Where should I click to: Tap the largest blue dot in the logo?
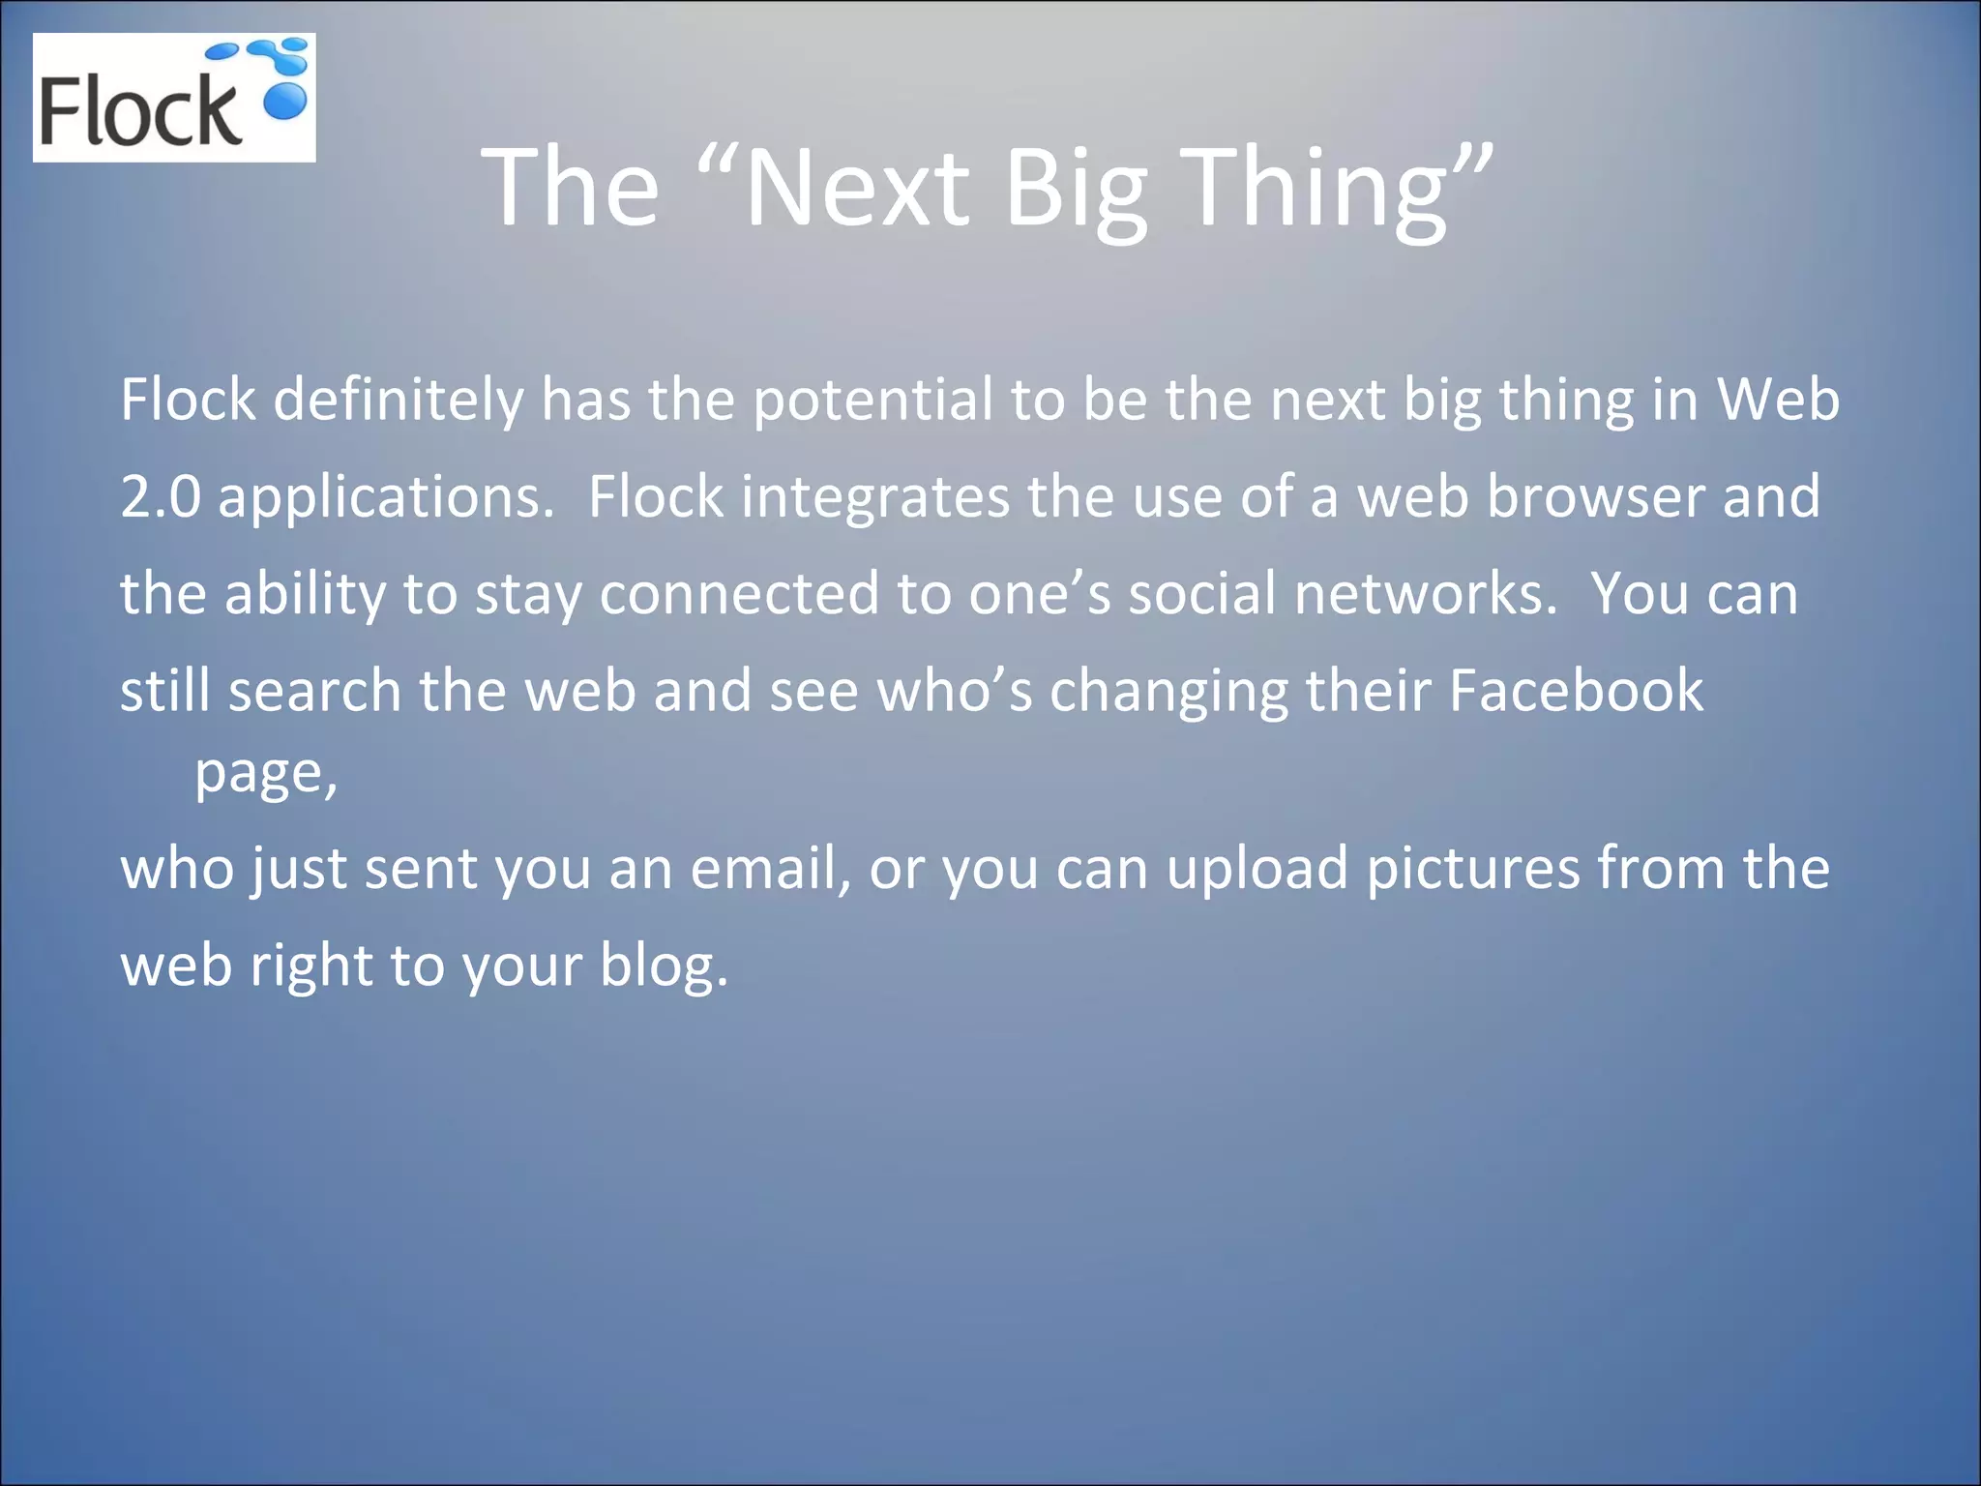click(285, 101)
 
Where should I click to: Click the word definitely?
click(399, 400)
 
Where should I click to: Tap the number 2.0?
click(160, 497)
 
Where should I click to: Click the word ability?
click(305, 594)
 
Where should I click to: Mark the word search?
click(314, 691)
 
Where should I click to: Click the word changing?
click(1168, 691)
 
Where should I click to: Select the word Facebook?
click(1576, 691)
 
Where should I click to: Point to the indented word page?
click(266, 774)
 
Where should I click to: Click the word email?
click(770, 868)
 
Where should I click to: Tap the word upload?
click(1257, 868)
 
